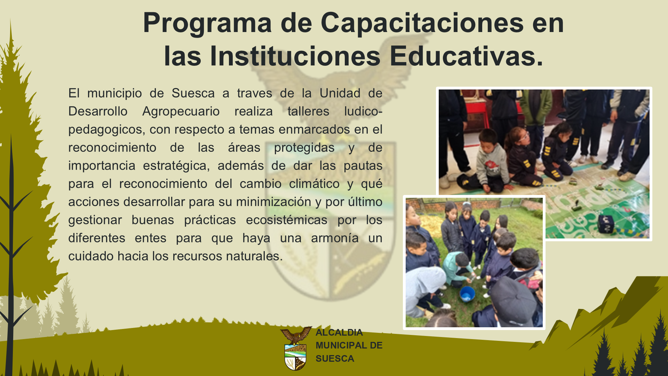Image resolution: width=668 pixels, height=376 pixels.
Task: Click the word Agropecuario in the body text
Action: click(181, 112)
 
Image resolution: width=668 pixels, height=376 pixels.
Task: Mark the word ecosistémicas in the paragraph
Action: click(286, 220)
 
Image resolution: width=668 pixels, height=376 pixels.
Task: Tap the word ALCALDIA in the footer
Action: click(339, 332)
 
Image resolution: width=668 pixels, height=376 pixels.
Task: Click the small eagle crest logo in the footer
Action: click(296, 348)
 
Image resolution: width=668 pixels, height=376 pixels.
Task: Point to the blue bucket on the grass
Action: click(467, 294)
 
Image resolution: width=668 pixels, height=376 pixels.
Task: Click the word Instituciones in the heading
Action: click(295, 56)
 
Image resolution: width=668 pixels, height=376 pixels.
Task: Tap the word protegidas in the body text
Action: click(304, 148)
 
